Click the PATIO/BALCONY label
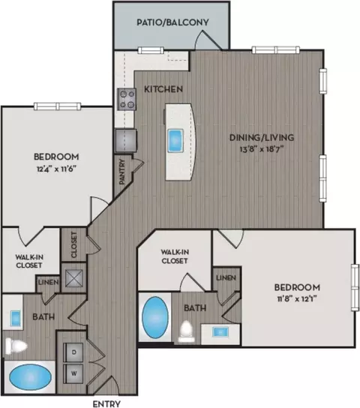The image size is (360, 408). click(172, 22)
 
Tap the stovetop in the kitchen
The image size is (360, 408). click(127, 99)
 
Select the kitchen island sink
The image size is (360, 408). click(175, 140)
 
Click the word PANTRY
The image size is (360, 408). click(122, 172)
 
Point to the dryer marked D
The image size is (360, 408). click(73, 352)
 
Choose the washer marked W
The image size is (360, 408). click(73, 373)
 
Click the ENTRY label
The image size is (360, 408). click(106, 403)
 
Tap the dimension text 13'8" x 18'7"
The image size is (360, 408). click(262, 149)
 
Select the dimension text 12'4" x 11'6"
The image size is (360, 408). click(56, 169)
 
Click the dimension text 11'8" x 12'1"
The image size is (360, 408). click(297, 298)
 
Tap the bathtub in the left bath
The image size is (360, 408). click(30, 377)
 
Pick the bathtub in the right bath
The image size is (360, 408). click(155, 318)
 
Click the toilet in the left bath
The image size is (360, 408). click(16, 346)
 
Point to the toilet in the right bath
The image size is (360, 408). click(186, 331)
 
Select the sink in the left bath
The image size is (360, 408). click(16, 318)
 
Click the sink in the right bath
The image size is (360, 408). click(220, 332)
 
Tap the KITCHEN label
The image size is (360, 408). click(163, 89)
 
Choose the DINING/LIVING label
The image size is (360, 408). click(262, 137)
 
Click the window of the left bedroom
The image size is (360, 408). click(58, 106)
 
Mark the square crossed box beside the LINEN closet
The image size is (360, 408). click(74, 278)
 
